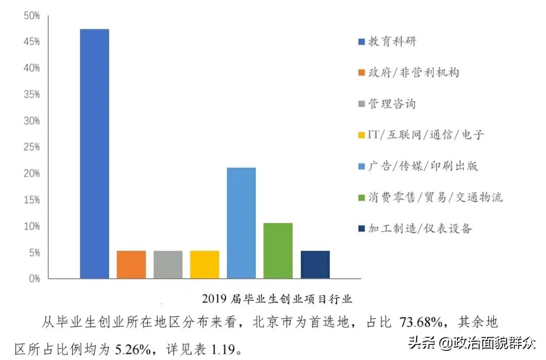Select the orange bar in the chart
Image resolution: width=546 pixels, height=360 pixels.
coord(131,264)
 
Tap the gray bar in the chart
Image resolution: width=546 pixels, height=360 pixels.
coord(168,264)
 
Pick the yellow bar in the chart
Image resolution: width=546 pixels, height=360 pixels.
coord(205,264)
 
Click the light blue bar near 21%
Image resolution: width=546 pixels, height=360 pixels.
coord(241,223)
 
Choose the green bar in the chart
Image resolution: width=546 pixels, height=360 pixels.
coord(278,250)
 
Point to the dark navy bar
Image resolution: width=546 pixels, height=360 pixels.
coord(315,264)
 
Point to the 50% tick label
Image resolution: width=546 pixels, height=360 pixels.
coord(31,16)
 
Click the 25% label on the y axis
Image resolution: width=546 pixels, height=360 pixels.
coord(31,147)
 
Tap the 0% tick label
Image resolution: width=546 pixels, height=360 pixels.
coord(33,279)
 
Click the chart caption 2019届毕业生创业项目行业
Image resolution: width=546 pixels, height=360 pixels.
coord(277,299)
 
